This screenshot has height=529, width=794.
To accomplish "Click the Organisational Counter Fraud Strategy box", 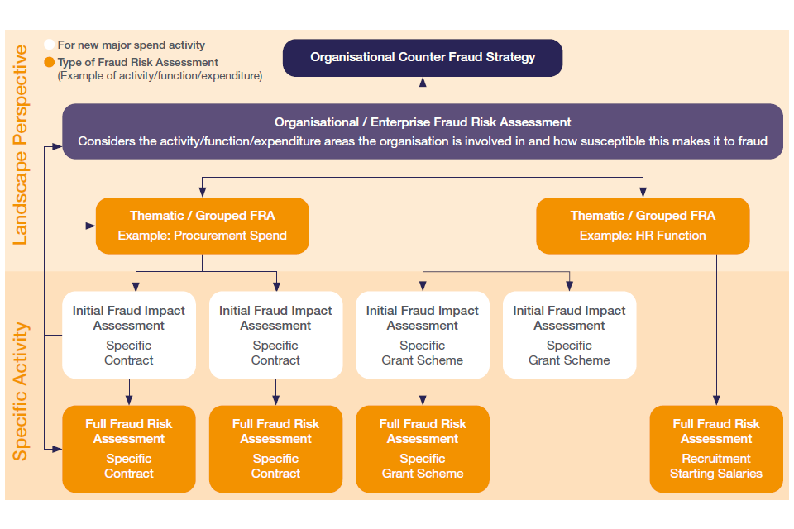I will (x=423, y=58).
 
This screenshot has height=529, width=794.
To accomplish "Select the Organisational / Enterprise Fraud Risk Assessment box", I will (x=423, y=131).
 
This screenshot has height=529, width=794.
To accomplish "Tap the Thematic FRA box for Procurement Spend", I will (x=203, y=225).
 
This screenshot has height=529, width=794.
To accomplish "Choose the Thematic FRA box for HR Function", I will (x=643, y=225).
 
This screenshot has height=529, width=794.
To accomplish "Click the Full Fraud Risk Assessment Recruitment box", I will (x=716, y=449).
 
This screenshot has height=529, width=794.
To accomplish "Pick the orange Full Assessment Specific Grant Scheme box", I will (x=423, y=449).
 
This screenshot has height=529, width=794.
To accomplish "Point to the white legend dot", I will (x=50, y=45).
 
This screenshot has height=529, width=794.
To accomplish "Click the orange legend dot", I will (x=50, y=62).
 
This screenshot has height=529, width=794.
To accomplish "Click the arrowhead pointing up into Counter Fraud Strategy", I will (x=423, y=81).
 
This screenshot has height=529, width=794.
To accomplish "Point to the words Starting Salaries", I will (x=716, y=474).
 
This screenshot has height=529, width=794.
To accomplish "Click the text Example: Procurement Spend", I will (x=203, y=236).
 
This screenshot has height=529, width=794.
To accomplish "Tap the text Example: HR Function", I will (x=643, y=236).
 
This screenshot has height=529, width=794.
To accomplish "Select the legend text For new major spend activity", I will (x=132, y=45).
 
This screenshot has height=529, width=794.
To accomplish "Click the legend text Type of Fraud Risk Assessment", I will (x=138, y=62).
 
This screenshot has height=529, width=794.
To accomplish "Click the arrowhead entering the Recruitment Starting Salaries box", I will (x=716, y=402).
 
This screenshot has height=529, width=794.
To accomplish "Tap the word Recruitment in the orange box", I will (x=716, y=459).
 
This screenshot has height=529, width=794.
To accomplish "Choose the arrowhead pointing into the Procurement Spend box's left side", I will (x=92, y=225).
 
